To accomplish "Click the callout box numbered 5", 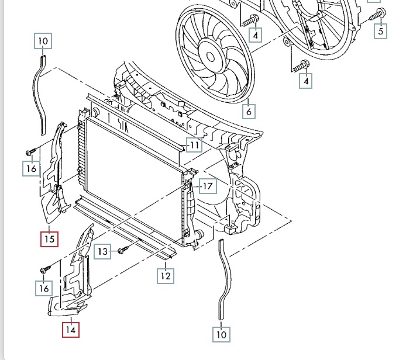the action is [x=381, y=31].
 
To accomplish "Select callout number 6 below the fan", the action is [x=249, y=111].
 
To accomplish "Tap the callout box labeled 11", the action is [x=194, y=145].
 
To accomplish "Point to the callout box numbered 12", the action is [x=166, y=276].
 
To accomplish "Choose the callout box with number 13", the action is [x=102, y=251].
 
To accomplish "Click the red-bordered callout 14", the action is [x=71, y=330].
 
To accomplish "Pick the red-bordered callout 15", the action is [x=49, y=239].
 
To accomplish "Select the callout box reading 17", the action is [x=208, y=186].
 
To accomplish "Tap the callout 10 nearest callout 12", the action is [x=221, y=334].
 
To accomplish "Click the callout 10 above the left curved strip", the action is [x=43, y=41].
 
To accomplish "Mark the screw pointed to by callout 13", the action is [x=123, y=250].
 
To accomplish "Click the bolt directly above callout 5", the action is [x=378, y=15].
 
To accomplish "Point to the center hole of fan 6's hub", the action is [x=210, y=57].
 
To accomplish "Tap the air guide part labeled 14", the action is [x=71, y=271].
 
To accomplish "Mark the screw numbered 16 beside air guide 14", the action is [x=45, y=269].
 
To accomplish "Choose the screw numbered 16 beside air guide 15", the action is [x=30, y=151].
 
